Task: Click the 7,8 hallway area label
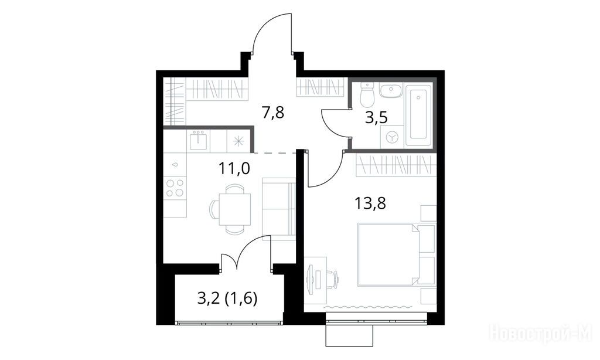pyautogui.click(x=273, y=113)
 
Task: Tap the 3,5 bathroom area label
pyautogui.click(x=376, y=117)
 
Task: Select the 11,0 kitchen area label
pyautogui.click(x=234, y=168)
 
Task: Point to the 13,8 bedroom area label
pyautogui.click(x=370, y=203)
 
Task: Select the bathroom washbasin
pyautogui.click(x=391, y=90)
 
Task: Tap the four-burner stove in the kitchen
pyautogui.click(x=175, y=188)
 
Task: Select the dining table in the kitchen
pyautogui.click(x=234, y=209)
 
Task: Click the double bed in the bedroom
pyautogui.click(x=388, y=254)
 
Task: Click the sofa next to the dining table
pyautogui.click(x=278, y=209)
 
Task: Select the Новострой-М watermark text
pyautogui.click(x=541, y=333)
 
